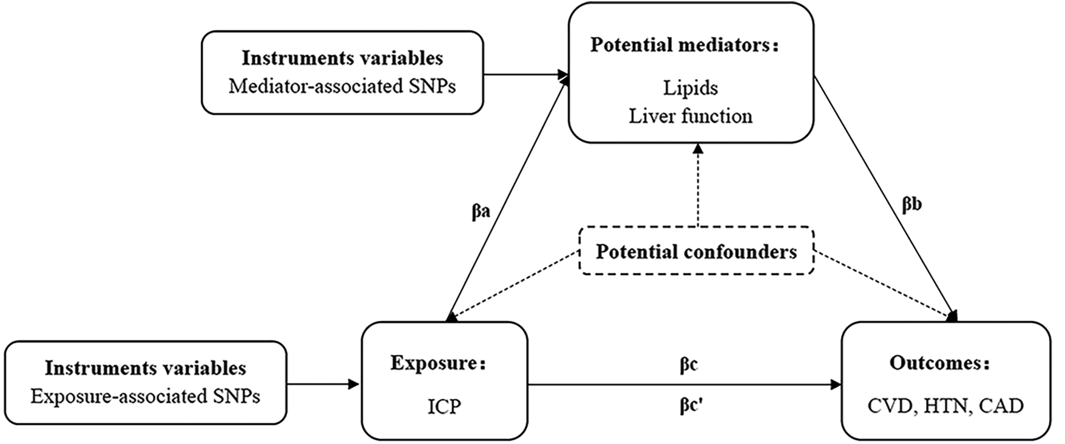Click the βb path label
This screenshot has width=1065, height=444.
[x=911, y=205]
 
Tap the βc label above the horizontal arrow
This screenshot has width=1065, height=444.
[x=688, y=365]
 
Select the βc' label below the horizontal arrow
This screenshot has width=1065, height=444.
[x=691, y=405]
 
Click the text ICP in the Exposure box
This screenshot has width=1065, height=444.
[x=444, y=406]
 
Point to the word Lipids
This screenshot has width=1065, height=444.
[x=691, y=88]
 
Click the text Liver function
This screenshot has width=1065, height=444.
[x=690, y=115]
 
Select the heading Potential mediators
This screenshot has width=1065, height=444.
[x=683, y=46]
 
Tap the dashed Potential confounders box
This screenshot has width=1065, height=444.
[x=695, y=251]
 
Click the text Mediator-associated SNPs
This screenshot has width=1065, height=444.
[x=342, y=86]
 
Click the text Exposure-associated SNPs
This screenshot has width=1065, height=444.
[x=145, y=397]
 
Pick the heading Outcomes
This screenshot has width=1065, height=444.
[x=939, y=363]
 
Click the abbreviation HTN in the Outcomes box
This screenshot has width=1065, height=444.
[x=946, y=406]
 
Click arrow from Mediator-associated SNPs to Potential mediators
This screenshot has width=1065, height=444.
[x=526, y=75]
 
